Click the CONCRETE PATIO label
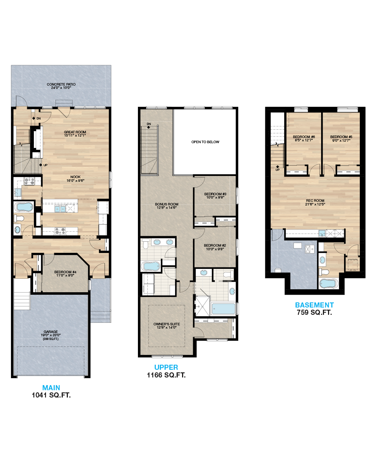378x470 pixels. [61, 84]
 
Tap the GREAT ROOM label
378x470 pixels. [75, 132]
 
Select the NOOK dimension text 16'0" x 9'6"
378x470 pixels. [76, 180]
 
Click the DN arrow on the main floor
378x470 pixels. [34, 118]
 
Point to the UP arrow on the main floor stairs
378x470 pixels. [40, 165]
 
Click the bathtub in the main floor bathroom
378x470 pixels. [23, 207]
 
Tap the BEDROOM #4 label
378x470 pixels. [65, 272]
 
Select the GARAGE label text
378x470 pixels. [51, 332]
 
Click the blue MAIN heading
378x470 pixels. [51, 388]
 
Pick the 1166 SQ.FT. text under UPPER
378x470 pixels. [166, 375]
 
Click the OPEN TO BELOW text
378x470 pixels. [205, 142]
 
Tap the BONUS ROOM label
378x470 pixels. [167, 204]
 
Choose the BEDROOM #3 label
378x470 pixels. [215, 194]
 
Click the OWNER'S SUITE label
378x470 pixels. [167, 324]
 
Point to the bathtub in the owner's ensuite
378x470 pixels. [223, 309]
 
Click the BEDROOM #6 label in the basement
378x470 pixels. [304, 137]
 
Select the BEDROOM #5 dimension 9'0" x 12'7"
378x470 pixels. [341, 140]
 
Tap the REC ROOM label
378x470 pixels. [315, 200]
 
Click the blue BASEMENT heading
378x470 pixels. [315, 305]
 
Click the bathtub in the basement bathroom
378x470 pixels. [328, 284]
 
